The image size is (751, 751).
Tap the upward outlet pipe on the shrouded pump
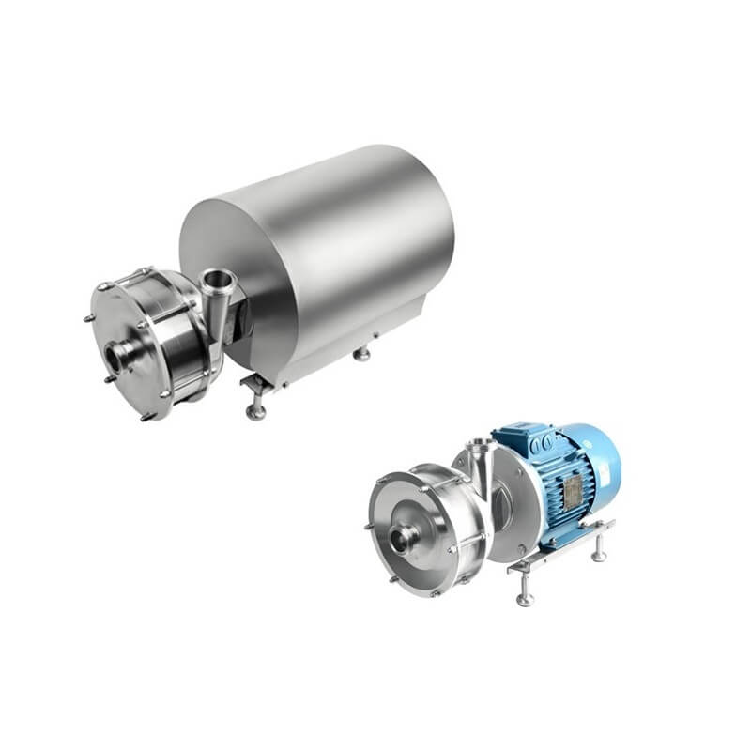click(217, 279)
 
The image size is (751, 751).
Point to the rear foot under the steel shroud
click(360, 354)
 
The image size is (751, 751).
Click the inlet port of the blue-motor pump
click(406, 538)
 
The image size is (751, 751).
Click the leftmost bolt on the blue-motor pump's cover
click(367, 526)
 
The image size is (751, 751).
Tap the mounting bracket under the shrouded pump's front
click(253, 382)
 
